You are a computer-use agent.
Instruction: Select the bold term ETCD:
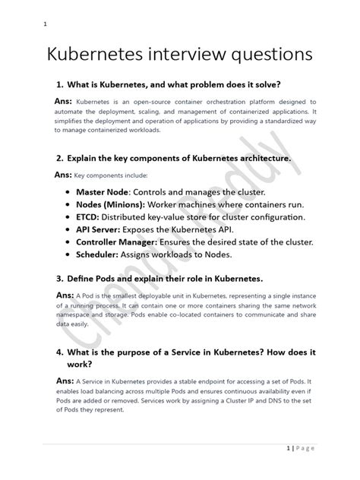tap(89, 218)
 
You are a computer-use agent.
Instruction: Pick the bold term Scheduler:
tap(102, 255)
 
